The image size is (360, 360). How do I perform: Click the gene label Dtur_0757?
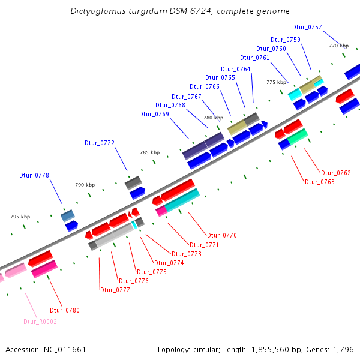[x=307, y=27]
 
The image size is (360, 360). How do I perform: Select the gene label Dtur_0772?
[x=99, y=143]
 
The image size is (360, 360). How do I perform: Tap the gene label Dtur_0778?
[x=34, y=175]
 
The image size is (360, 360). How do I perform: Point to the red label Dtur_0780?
[x=65, y=310]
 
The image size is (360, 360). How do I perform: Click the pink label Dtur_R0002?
[x=40, y=322]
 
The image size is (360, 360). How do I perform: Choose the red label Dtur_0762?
[x=336, y=173]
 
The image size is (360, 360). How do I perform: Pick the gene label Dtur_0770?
[x=221, y=235]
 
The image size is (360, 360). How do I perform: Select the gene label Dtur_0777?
[x=115, y=290]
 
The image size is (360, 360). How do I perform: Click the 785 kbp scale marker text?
[x=150, y=152]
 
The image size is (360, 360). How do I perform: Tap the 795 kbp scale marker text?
[x=20, y=216]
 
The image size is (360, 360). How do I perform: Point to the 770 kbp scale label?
[x=338, y=46]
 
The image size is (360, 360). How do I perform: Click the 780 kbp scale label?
[x=214, y=118]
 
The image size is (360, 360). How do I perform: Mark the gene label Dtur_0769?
[x=154, y=114]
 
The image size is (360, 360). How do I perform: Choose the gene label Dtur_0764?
[x=236, y=69]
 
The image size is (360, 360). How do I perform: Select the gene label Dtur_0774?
[x=169, y=263]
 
